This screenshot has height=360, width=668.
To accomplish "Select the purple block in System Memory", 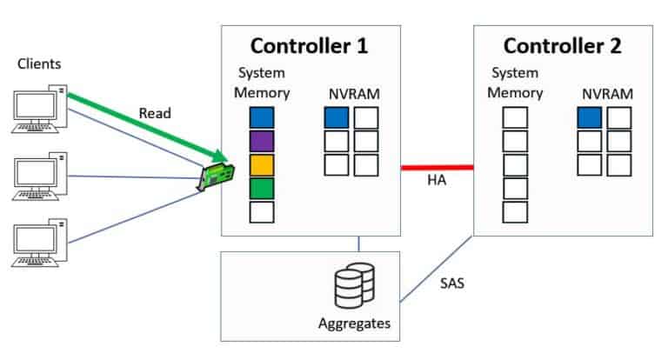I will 261,141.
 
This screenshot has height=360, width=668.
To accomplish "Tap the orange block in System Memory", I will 261,164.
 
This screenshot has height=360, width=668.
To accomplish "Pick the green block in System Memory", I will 261,188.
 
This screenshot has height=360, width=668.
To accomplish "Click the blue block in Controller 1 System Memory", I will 261,117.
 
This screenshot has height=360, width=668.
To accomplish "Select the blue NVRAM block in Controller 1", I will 337,117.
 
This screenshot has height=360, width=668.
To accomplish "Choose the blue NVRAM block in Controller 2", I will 589,117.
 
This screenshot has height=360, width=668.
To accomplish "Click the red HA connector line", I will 437,166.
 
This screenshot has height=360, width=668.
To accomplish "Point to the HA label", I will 437,181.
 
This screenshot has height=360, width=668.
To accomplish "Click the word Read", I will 154,113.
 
